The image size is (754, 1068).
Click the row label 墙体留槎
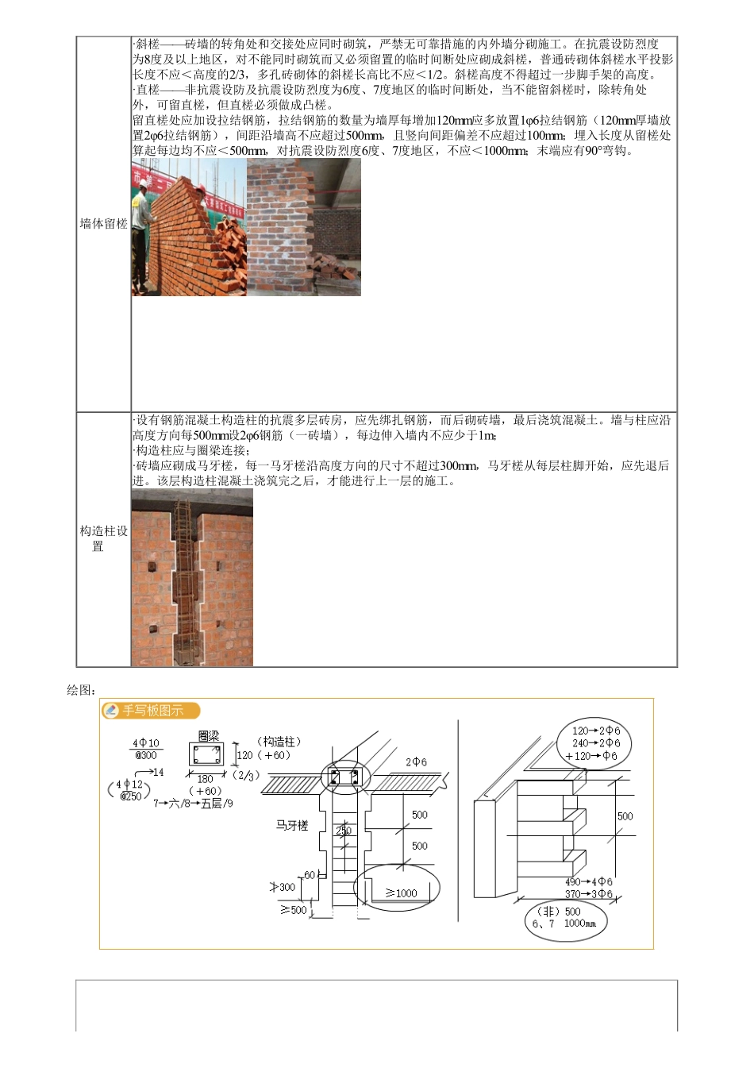(x=103, y=224)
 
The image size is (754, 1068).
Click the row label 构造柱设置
(x=103, y=538)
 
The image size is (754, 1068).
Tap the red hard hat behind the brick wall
(x=202, y=189)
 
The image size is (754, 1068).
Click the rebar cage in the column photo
(x=185, y=580)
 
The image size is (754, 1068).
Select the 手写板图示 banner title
(x=152, y=711)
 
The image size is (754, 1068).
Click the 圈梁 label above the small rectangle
(x=209, y=737)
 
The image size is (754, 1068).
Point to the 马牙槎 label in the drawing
(x=292, y=826)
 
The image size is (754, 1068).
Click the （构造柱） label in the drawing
(x=278, y=742)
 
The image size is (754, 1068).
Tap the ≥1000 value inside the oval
(x=402, y=893)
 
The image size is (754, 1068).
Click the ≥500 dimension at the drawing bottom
(x=293, y=910)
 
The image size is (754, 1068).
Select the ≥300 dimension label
(x=283, y=888)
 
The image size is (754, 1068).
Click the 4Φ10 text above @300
(x=146, y=743)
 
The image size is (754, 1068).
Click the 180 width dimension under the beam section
(x=206, y=779)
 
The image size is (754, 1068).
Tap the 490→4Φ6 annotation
(x=588, y=882)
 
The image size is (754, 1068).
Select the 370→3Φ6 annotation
(x=588, y=894)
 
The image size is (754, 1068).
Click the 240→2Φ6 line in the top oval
(x=596, y=743)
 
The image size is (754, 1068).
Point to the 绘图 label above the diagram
(x=81, y=691)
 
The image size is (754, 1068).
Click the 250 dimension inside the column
(x=343, y=831)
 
